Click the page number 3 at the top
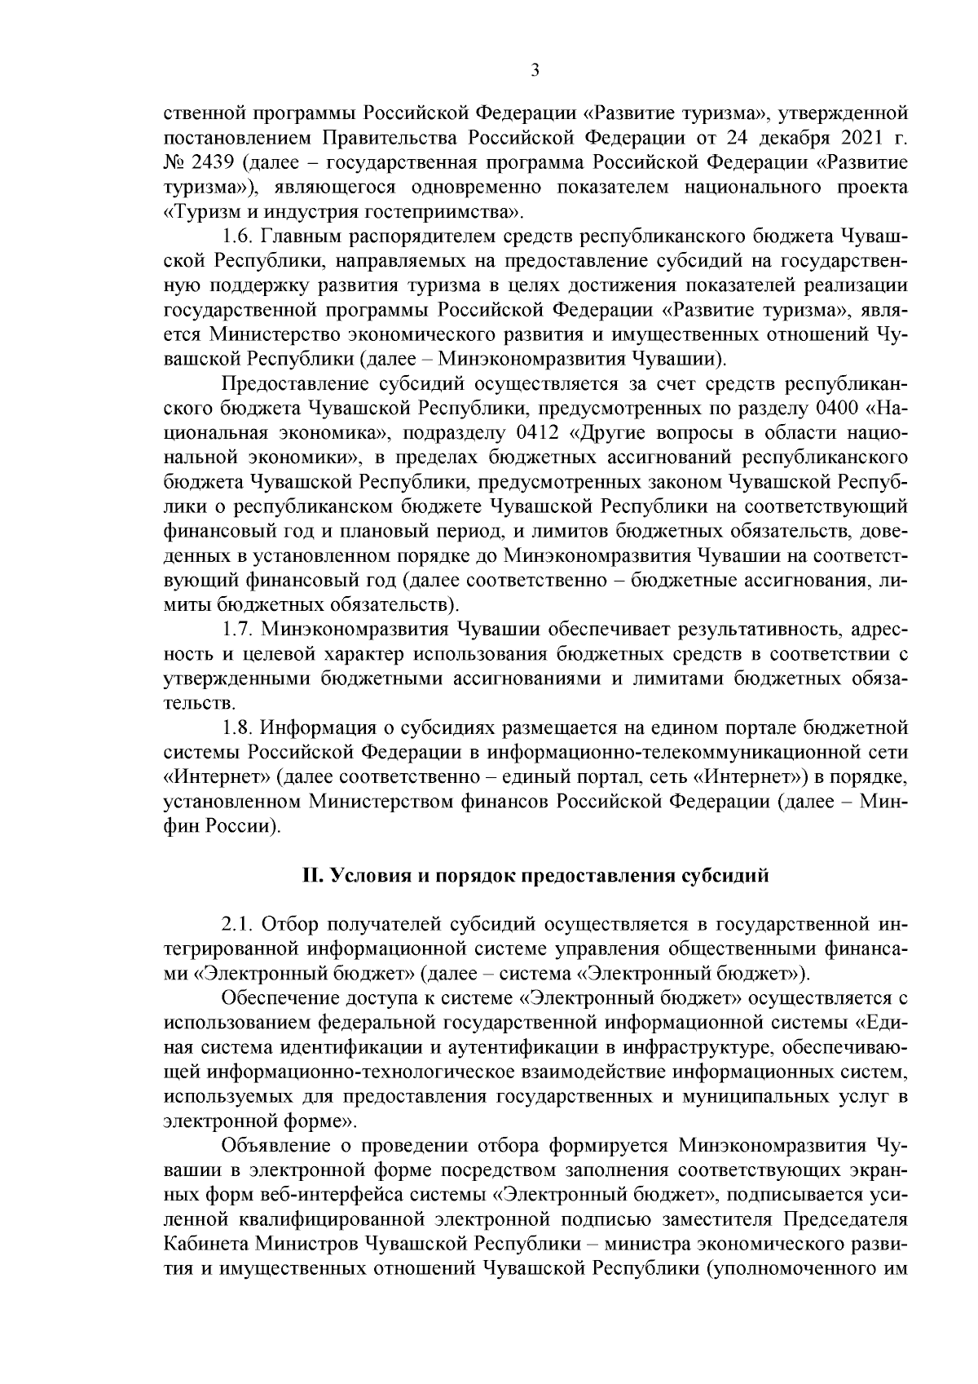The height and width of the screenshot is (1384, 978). pos(535,71)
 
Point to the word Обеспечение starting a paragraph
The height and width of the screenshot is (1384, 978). pos(277,997)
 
